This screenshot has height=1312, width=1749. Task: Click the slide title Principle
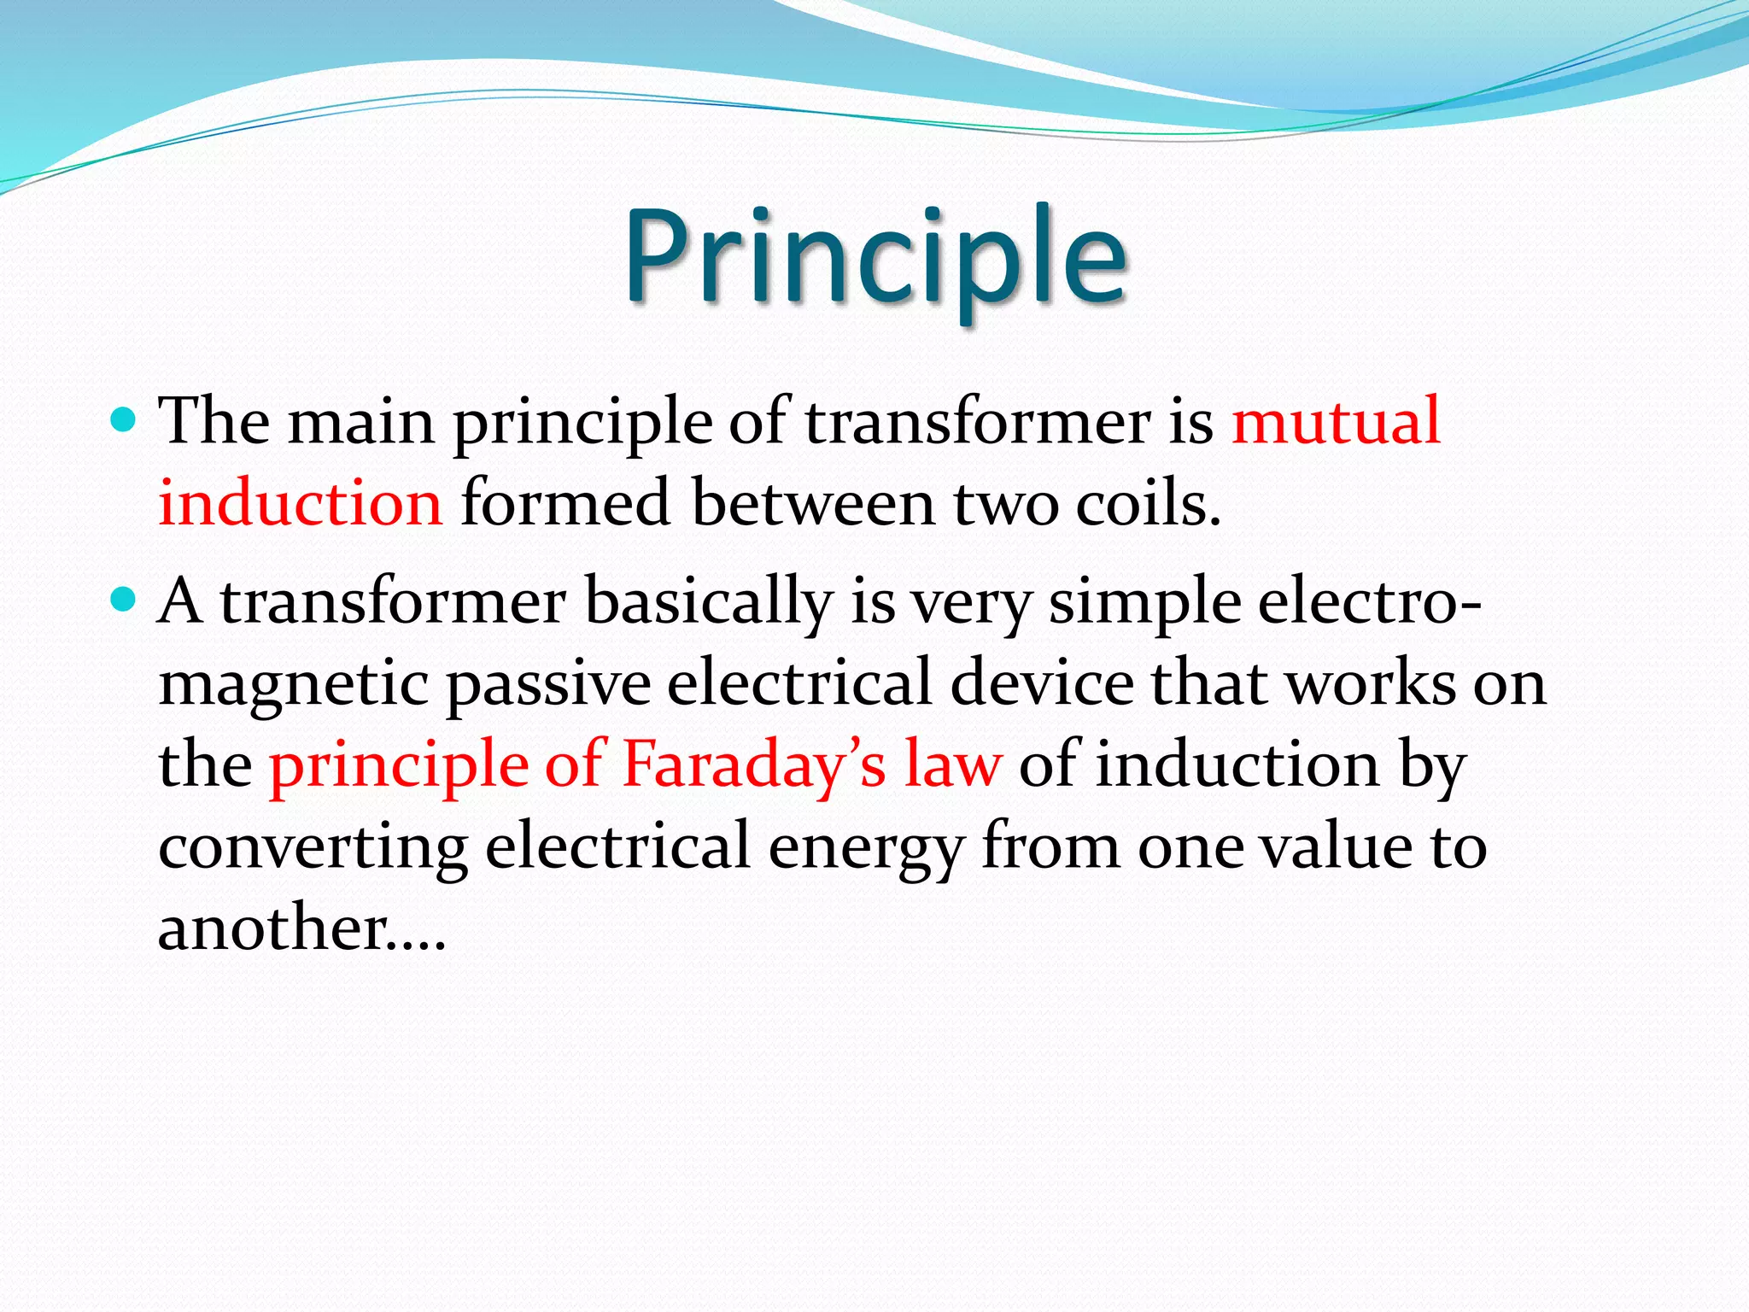click(x=876, y=256)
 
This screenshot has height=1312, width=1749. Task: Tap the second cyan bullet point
click(x=124, y=600)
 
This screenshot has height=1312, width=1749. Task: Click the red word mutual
click(x=1336, y=422)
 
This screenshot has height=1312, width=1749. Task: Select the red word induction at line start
click(x=301, y=504)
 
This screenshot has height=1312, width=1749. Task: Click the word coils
click(x=1148, y=504)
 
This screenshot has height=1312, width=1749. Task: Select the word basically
click(x=708, y=603)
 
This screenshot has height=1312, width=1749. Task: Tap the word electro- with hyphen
click(x=1370, y=601)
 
